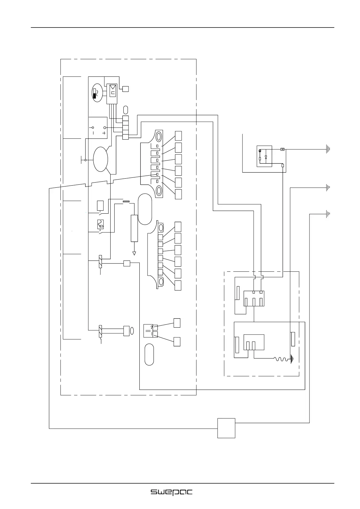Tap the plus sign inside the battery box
104,133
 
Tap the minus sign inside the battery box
93,133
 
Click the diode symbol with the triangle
266,157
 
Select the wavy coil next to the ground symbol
281,359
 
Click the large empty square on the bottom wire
226,428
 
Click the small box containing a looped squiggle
100,224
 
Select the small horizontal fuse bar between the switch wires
126,201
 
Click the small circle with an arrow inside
260,151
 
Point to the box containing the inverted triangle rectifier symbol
113,90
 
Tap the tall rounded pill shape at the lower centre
149,354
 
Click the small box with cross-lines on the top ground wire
282,149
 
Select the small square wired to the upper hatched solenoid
127,263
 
